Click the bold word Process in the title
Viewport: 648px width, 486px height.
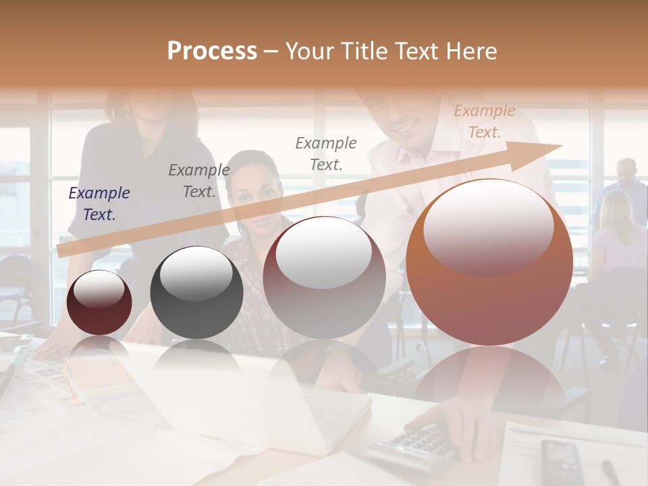pyautogui.click(x=212, y=51)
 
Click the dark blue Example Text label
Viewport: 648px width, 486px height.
pyautogui.click(x=99, y=204)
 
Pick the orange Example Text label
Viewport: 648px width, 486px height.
pyautogui.click(x=484, y=122)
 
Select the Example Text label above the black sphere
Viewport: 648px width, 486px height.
pyautogui.click(x=199, y=181)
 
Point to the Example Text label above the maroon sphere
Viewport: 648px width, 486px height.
pyautogui.click(x=326, y=153)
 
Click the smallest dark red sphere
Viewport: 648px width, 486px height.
pyautogui.click(x=99, y=302)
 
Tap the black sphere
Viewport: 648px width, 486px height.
pyautogui.click(x=196, y=292)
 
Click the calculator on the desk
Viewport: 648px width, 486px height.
pyautogui.click(x=412, y=448)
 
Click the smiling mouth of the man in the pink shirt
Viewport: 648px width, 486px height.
pyautogui.click(x=405, y=126)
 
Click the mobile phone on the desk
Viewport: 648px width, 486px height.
pyautogui.click(x=560, y=462)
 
